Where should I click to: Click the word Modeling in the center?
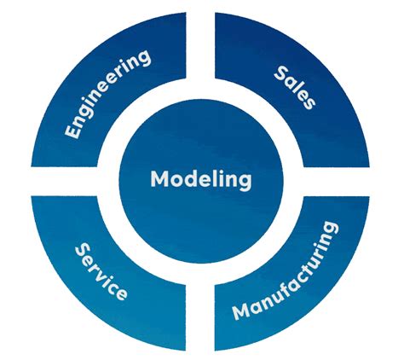pos(201,180)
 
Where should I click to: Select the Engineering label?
pos(108,94)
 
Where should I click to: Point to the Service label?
pos(101,271)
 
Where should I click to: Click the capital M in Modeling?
pos(159,180)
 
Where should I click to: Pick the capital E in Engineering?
pos(72,133)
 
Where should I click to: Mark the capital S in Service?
pos(82,249)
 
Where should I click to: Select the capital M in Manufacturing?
pos(240,311)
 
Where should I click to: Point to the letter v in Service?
pos(105,276)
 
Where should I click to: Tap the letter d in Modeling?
pos(193,180)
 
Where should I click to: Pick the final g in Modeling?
pos(245,183)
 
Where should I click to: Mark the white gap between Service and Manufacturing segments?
pos(201,307)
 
